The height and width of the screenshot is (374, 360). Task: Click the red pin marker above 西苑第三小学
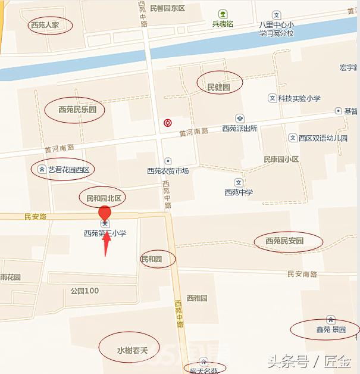tap(105, 213)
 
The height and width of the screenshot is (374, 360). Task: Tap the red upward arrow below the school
tap(106, 244)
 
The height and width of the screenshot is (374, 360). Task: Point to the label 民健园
tap(218, 86)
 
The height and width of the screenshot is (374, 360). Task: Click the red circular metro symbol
tap(168, 123)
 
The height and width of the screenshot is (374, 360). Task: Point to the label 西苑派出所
tap(239, 128)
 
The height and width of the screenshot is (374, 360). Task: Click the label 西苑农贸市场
tap(168, 171)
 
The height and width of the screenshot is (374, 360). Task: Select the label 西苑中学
tap(239, 192)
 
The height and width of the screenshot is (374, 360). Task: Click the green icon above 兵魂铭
tap(223, 13)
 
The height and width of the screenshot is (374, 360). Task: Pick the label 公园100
tap(84, 291)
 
